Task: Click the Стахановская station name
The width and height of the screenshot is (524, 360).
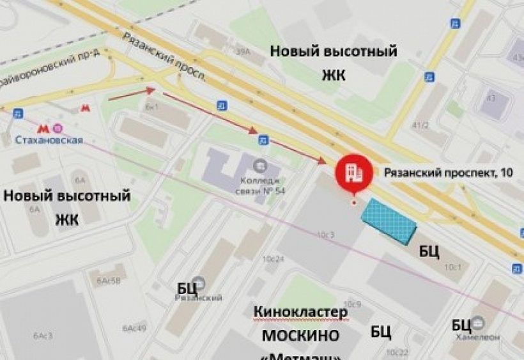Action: (x=49, y=141)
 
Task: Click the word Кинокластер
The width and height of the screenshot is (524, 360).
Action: (x=300, y=312)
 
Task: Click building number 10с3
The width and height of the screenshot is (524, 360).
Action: (x=325, y=235)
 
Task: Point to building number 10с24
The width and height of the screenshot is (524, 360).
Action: (x=273, y=259)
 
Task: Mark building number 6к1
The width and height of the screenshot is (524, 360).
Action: (x=151, y=107)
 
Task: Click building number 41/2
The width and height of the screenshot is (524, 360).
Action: (x=420, y=125)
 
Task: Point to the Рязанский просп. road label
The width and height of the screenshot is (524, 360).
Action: (x=165, y=57)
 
